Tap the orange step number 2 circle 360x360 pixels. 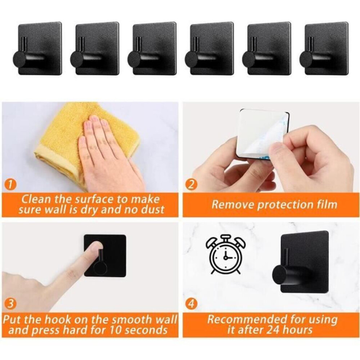tap(191, 185)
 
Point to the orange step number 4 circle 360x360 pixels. tap(191, 304)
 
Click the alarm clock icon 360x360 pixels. tap(226, 255)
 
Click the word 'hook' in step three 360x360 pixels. tap(57, 320)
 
